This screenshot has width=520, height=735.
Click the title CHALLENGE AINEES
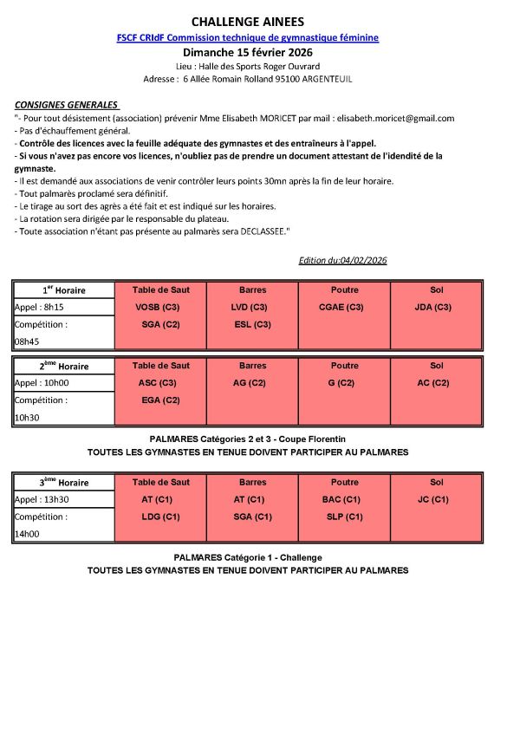(x=247, y=22)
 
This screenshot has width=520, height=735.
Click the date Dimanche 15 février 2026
(x=247, y=52)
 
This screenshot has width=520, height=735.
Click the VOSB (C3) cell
(x=159, y=307)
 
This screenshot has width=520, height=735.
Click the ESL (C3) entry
(x=252, y=324)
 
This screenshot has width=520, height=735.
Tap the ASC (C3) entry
(x=159, y=382)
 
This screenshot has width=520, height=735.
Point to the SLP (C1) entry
(x=344, y=517)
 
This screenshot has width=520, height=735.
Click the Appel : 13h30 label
(x=41, y=499)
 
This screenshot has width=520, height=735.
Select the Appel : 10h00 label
(x=41, y=382)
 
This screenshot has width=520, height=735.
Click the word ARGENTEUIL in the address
(x=323, y=79)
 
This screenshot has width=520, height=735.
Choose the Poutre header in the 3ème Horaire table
(x=344, y=482)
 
